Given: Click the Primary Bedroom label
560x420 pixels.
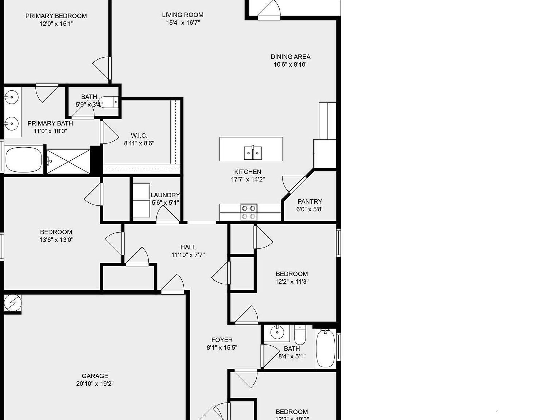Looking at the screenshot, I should tap(56, 16).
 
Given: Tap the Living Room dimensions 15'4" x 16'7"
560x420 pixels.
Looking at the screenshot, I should tap(183, 23).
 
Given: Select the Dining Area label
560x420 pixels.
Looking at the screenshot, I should tap(291, 57).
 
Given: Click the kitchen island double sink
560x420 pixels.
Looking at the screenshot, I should tap(253, 152).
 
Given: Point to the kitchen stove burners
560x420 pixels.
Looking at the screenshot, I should tap(249, 212).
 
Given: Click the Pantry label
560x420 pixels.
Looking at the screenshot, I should tap(310, 201).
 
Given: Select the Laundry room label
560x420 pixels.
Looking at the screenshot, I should tap(165, 195).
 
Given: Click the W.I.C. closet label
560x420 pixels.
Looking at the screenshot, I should tap(139, 136).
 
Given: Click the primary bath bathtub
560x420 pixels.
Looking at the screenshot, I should tap(23, 160).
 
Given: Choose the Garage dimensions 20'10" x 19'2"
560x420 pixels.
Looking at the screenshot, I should tap(95, 384).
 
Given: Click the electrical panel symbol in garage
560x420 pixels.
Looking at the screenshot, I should tap(13, 303).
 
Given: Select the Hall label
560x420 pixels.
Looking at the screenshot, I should tap(188, 247).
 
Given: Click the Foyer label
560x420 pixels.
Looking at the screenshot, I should tap(222, 340).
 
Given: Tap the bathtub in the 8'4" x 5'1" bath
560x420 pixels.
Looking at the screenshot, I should tap(325, 348).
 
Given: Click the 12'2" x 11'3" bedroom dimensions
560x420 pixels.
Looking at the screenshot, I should tap(292, 281).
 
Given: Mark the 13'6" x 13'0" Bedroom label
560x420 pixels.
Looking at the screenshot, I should tap(56, 232).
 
